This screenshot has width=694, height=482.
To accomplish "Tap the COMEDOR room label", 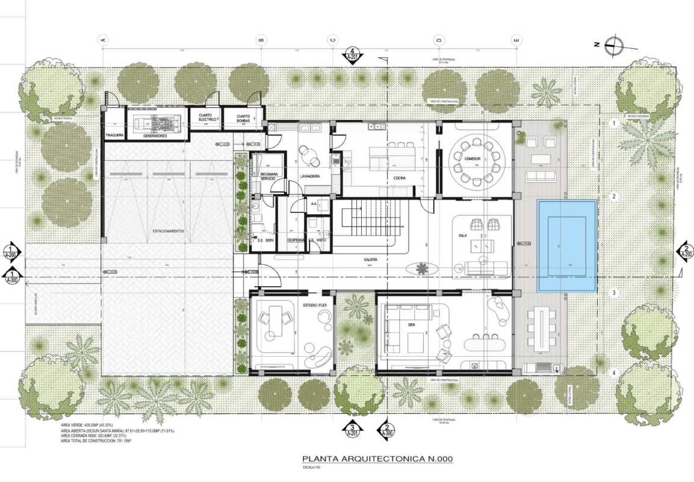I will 472,158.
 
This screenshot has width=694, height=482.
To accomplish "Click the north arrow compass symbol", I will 614,43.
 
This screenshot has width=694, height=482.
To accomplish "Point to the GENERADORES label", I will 155,136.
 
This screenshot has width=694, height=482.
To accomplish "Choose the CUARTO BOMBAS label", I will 243,117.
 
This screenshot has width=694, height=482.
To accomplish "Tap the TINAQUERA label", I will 114,136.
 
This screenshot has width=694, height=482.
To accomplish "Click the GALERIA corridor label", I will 371,259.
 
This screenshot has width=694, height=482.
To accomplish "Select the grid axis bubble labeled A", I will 103,40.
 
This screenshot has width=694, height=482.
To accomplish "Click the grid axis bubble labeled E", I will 516,40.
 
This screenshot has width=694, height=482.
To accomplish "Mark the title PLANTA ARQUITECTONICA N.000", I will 377,459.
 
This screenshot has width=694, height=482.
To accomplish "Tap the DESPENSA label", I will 295,240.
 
